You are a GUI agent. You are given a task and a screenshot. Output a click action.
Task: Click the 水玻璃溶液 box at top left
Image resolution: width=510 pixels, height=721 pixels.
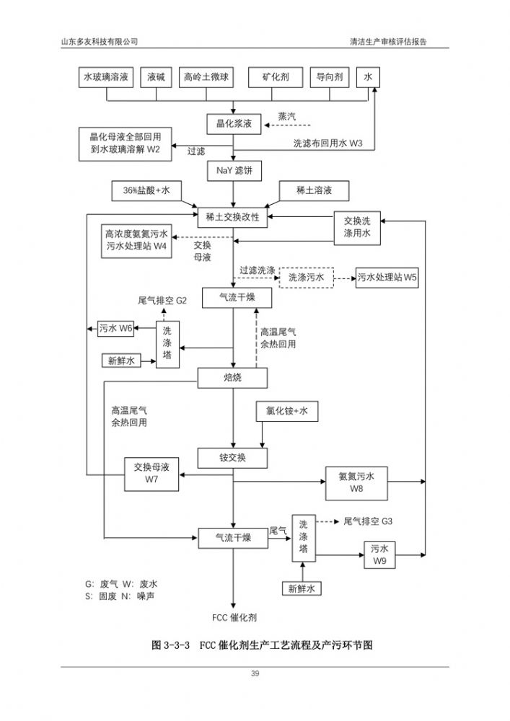pos(105,77)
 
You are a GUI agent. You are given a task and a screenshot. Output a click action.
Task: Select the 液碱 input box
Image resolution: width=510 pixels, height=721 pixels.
pos(157,77)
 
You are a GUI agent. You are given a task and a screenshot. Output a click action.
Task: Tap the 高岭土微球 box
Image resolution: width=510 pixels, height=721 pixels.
pos(206,77)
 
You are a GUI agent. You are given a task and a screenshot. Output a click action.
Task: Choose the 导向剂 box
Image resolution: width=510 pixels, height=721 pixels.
pos(330,77)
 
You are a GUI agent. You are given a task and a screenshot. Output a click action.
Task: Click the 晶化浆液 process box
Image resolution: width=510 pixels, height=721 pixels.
pos(232,124)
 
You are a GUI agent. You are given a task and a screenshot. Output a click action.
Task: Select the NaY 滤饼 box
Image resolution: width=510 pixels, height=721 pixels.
pos(232,171)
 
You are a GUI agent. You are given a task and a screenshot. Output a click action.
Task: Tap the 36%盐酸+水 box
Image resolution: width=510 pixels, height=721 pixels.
pos(147,190)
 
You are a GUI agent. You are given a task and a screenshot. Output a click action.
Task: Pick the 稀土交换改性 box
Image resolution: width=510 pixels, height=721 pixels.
pos(232,216)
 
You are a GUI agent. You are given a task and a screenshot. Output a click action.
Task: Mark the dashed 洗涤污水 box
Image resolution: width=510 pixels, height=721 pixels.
pos(306,277)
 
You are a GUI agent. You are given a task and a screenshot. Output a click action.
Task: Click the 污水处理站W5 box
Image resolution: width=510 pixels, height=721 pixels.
pos(387,277)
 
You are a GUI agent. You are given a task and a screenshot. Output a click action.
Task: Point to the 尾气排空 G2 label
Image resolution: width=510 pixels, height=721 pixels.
pos(162,300)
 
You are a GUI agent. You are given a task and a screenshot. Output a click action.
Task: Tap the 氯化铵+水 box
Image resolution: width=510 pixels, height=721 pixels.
pos(287,411)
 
